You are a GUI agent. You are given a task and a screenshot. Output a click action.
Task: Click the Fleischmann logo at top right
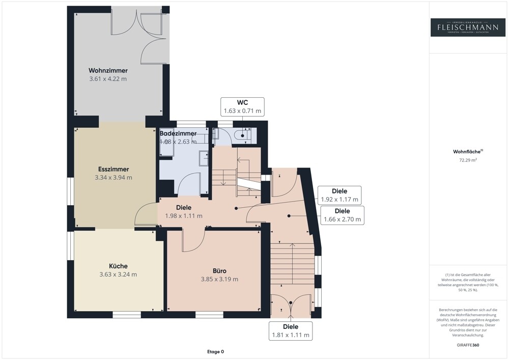coord(461,27)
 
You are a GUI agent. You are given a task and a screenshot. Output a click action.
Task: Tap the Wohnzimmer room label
coord(108,70)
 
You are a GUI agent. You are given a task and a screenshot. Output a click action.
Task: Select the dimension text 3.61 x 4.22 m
coord(108,79)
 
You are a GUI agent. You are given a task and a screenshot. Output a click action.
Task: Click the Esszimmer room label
coord(114,169)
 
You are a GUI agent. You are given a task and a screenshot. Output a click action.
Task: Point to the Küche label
coord(118,266)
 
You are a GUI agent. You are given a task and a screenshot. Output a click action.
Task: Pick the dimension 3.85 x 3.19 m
coord(219,279)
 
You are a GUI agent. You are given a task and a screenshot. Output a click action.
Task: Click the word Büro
coord(219,270)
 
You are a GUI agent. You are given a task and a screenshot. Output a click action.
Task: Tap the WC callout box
coord(242,106)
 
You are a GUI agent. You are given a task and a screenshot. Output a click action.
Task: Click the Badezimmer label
coord(178,133)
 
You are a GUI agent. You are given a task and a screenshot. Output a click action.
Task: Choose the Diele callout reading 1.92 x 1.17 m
coord(339,195)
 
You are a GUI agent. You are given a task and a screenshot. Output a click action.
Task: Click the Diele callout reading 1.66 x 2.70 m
coord(342,215)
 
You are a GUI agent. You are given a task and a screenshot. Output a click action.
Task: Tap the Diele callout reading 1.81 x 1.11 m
coord(291,330)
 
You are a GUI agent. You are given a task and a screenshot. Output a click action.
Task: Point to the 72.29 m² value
coord(461,160)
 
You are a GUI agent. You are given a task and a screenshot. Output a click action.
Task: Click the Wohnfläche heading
coord(461,151)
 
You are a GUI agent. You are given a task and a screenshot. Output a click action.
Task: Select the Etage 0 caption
coord(215,351)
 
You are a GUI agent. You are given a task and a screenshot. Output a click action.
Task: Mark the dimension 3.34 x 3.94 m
coord(114,178)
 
